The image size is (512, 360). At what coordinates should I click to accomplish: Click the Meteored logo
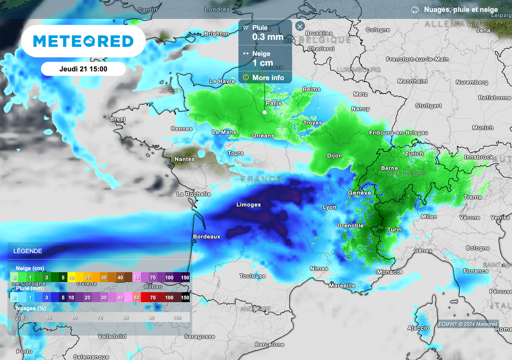click(x=83, y=41)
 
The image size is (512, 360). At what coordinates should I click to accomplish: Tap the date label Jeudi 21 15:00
click(x=83, y=69)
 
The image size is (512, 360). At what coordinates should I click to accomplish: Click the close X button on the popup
click(x=299, y=26)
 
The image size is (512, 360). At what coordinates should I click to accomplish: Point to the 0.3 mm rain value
click(x=267, y=37)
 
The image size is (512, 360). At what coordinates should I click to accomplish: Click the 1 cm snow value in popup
click(x=262, y=63)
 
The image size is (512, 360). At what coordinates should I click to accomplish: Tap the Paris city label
click(x=273, y=103)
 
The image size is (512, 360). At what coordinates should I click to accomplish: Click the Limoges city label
click(x=248, y=204)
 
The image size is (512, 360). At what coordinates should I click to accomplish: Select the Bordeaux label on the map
click(x=206, y=236)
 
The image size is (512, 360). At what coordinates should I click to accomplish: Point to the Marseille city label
click(x=342, y=285)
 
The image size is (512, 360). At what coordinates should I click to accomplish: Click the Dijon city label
click(x=334, y=155)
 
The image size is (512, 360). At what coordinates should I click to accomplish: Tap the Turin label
click(x=394, y=229)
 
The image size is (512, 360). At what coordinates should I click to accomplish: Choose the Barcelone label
click(x=269, y=344)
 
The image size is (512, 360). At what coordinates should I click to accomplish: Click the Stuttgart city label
click(x=428, y=106)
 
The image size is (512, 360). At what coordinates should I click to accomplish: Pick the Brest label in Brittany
click(x=117, y=119)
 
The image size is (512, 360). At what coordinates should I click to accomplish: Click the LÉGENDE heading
click(x=28, y=251)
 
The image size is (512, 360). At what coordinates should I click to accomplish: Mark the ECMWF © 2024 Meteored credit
click(x=467, y=324)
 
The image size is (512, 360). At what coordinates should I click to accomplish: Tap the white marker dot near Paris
click(x=264, y=112)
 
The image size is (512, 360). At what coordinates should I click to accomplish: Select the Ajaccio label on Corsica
click(x=418, y=328)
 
